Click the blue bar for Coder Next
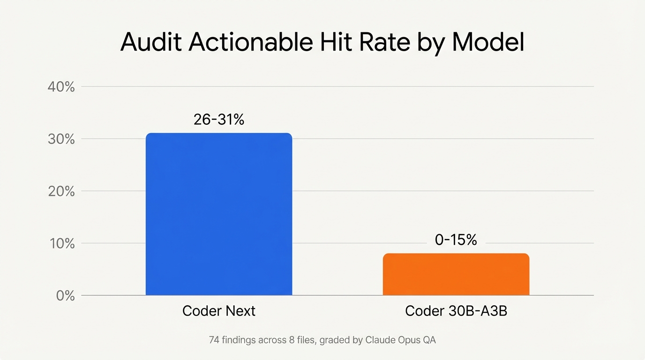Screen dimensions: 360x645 pyautogui.click(x=219, y=214)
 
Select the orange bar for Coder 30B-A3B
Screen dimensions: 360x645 pyautogui.click(x=456, y=274)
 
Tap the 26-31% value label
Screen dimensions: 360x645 pyautogui.click(x=219, y=120)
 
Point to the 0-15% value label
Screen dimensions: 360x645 pyautogui.click(x=456, y=240)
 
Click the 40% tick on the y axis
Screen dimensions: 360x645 pyautogui.click(x=61, y=87)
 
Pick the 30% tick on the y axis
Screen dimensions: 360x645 pyautogui.click(x=61, y=139)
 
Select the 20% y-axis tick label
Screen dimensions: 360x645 pyautogui.click(x=61, y=191)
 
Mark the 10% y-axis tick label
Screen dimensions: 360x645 pyautogui.click(x=61, y=244)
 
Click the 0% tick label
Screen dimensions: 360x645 pyautogui.click(x=65, y=296)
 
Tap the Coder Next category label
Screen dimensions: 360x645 pyautogui.click(x=219, y=311)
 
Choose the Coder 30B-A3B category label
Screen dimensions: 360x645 pyautogui.click(x=456, y=311)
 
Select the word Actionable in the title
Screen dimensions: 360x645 pyautogui.click(x=250, y=43)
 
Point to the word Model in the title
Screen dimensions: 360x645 pyautogui.click(x=488, y=43)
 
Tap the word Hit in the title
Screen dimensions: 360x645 pyautogui.click(x=335, y=43)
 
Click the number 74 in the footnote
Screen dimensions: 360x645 pyautogui.click(x=214, y=340)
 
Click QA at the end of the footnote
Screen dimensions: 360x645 pyautogui.click(x=429, y=340)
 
